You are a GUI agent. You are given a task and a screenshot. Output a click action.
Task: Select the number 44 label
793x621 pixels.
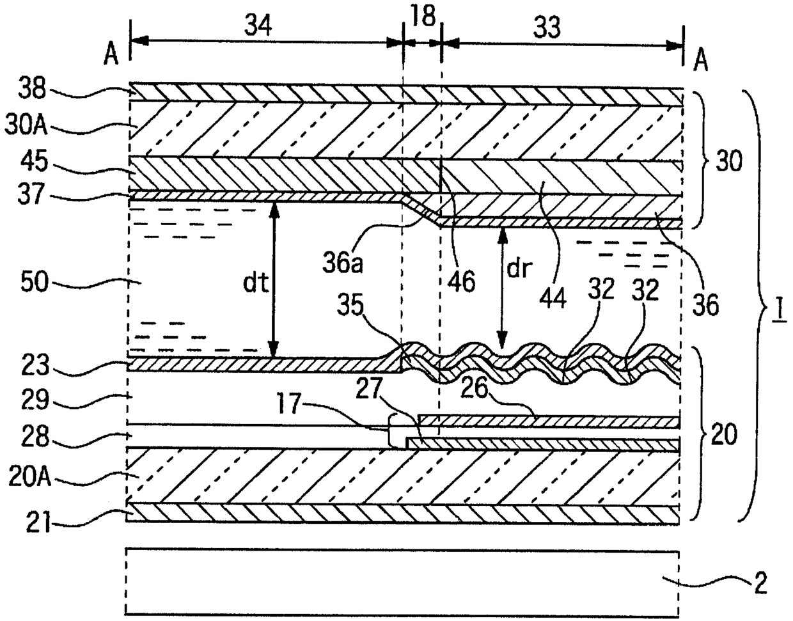pyautogui.click(x=555, y=297)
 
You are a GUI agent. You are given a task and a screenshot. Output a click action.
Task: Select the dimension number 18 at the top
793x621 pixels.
pyautogui.click(x=423, y=17)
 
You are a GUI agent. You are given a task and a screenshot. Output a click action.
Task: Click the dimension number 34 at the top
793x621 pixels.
pyautogui.click(x=258, y=26)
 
